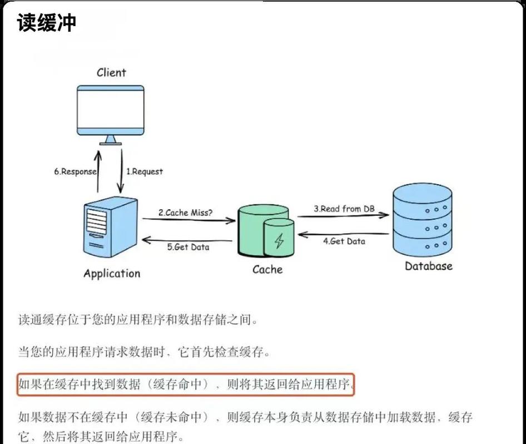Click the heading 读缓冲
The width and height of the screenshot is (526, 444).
[46, 23]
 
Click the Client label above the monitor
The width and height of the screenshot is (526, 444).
[111, 72]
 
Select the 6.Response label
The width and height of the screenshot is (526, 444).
[75, 171]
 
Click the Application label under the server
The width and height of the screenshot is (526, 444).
[112, 273]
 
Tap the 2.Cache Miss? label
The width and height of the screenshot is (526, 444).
[186, 213]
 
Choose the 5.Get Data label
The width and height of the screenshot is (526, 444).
[188, 247]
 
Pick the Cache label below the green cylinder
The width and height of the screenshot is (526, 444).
[267, 269]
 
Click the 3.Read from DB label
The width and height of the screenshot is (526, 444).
[344, 209]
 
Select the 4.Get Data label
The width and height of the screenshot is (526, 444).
[344, 241]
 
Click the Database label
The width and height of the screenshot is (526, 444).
[428, 266]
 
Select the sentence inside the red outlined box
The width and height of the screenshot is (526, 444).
[186, 384]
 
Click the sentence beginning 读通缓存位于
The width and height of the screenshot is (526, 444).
[138, 320]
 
